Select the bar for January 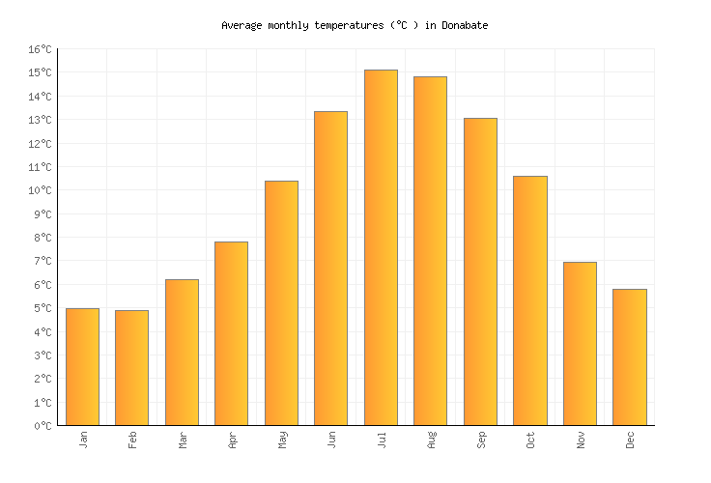(x=82, y=367)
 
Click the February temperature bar (x=131, y=368)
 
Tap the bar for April (x=231, y=333)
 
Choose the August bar (x=430, y=251)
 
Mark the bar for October (x=529, y=300)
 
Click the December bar (x=629, y=357)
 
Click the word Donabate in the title (x=465, y=25)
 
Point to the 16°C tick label (x=40, y=49)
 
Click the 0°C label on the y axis (x=43, y=426)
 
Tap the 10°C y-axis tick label (x=40, y=190)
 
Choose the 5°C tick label (x=43, y=308)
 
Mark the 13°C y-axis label (x=40, y=120)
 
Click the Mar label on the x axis (x=183, y=440)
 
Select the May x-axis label (x=282, y=440)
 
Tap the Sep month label (x=481, y=440)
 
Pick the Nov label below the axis (x=581, y=440)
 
